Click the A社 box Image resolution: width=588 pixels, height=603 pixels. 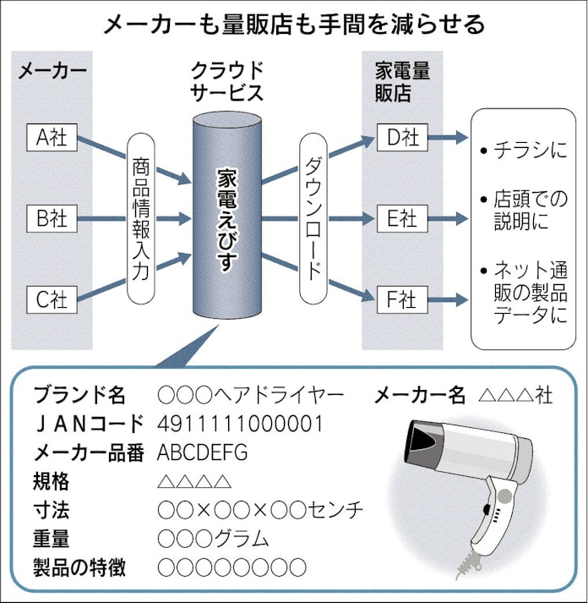52,136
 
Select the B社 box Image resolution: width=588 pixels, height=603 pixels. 52,217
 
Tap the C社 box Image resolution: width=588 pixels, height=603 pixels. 52,298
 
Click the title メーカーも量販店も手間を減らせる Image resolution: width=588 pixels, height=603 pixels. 293,23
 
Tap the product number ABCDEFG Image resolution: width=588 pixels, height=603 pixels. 203,452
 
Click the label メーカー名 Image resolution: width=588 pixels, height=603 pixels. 419,394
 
